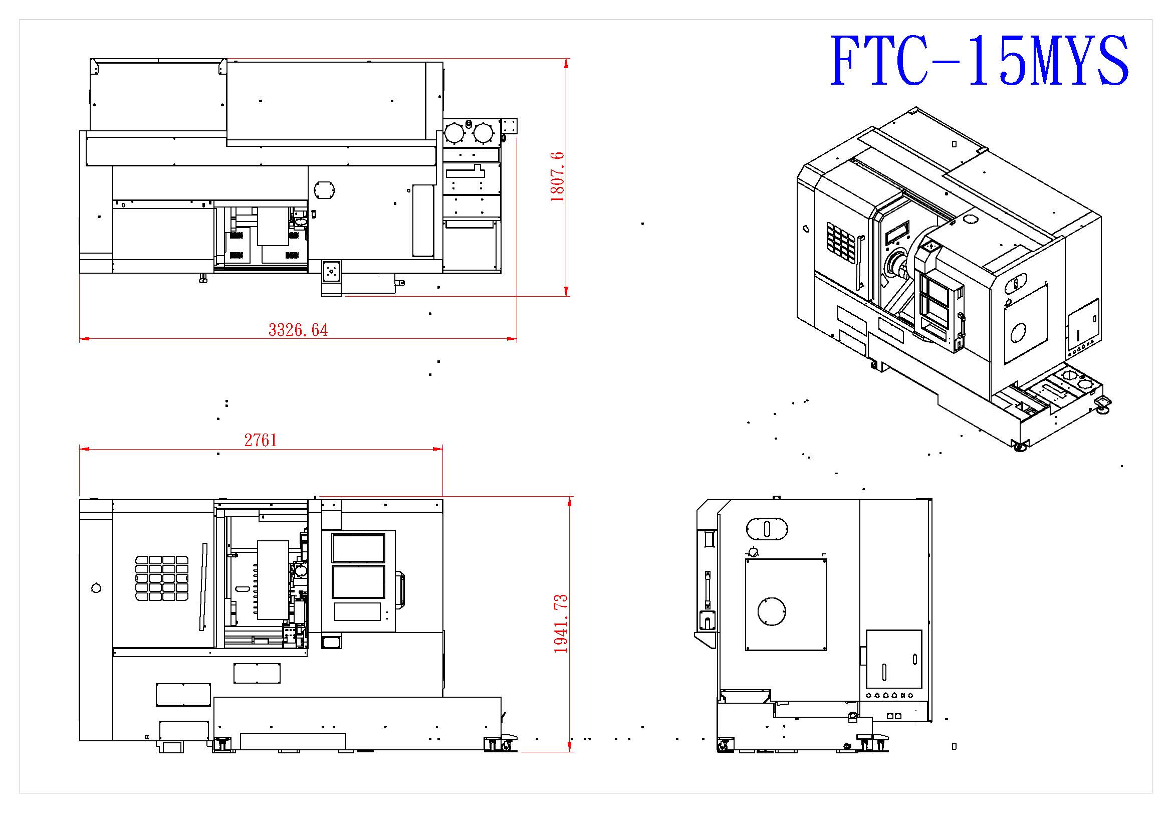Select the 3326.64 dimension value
click(298, 330)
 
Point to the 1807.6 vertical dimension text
click(557, 176)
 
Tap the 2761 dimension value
click(261, 440)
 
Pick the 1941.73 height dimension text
click(561, 624)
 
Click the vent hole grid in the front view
click(162, 578)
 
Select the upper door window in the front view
click(358, 548)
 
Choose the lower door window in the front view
click(358, 581)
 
